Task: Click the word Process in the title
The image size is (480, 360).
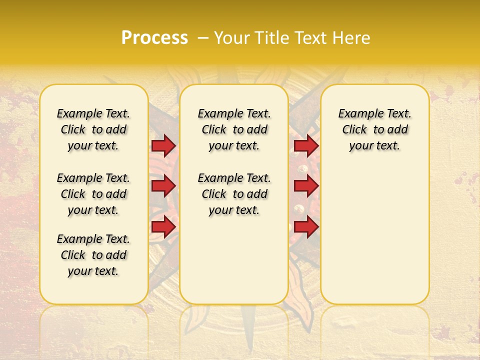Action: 154,38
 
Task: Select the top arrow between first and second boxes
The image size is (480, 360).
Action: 163,145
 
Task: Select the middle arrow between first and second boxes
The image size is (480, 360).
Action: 163,186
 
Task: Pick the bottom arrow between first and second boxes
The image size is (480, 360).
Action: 163,227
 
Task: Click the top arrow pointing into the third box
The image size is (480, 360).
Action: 306,145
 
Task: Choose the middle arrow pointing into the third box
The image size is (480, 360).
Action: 306,186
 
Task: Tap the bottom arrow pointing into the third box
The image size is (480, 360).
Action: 306,227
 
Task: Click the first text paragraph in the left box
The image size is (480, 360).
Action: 93,129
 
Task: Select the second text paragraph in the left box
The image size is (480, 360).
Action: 93,194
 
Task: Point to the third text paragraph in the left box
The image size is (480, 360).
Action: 93,255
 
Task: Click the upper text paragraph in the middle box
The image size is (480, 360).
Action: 234,129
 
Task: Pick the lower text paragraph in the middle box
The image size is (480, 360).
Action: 234,194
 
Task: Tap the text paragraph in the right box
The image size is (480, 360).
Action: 374,129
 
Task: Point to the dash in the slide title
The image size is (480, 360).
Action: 203,38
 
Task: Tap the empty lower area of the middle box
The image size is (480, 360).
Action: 234,260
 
